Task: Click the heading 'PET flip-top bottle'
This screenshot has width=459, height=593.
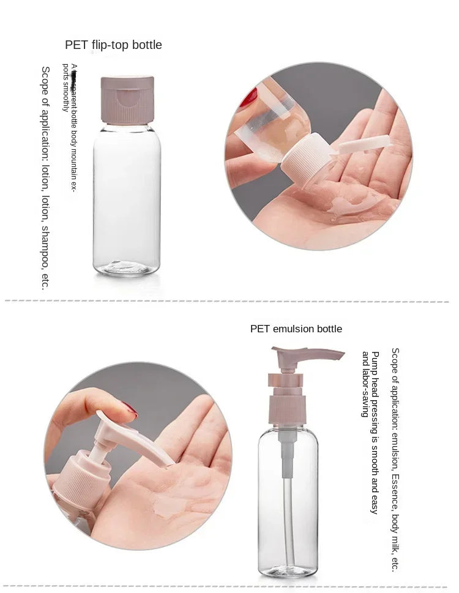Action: [x=113, y=45]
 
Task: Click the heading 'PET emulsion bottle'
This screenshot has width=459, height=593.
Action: [x=296, y=329]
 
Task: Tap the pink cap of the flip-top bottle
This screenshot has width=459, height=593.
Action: [x=127, y=99]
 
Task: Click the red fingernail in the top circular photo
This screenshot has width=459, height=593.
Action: [x=248, y=98]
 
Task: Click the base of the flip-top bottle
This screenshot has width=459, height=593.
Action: [x=127, y=267]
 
